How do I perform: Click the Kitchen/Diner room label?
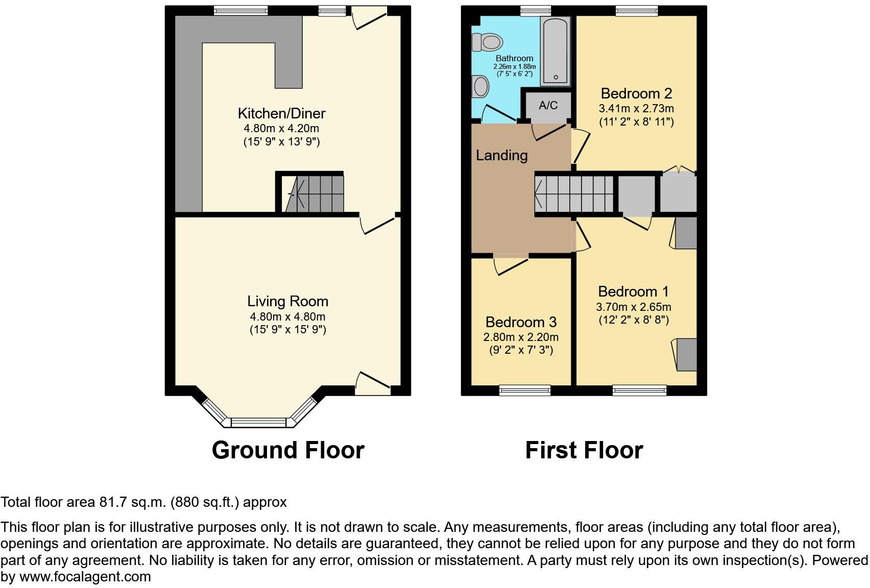tap(281, 113)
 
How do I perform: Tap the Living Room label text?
tap(287, 301)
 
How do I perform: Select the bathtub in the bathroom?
tap(555, 51)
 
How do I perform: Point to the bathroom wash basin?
tap(480, 87)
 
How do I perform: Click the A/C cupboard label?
tap(548, 105)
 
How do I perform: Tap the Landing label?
tap(501, 155)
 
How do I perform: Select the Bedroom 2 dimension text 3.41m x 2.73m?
tap(636, 108)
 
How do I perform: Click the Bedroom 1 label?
tap(633, 291)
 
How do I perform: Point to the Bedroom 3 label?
tap(521, 322)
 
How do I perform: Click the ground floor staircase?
tap(315, 193)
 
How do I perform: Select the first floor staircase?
tap(574, 194)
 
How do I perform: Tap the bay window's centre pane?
tap(260, 422)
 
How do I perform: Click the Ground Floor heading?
tap(288, 450)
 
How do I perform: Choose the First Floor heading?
tap(584, 450)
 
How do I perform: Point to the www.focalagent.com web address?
tap(85, 577)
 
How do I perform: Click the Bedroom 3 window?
tap(525, 390)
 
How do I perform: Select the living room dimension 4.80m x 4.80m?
tap(287, 316)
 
